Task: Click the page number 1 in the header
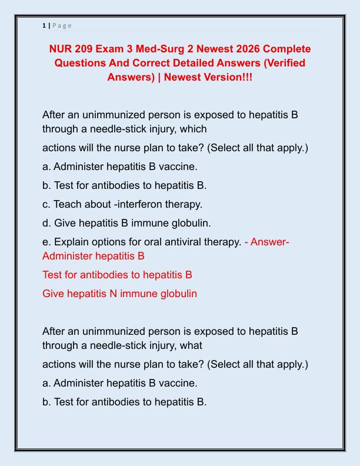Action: tap(44, 25)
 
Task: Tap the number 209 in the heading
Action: tap(89, 49)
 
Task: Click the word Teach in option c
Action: tap(66, 204)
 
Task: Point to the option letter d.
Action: tap(46, 223)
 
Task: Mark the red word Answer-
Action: tap(270, 242)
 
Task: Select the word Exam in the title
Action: tap(116, 49)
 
